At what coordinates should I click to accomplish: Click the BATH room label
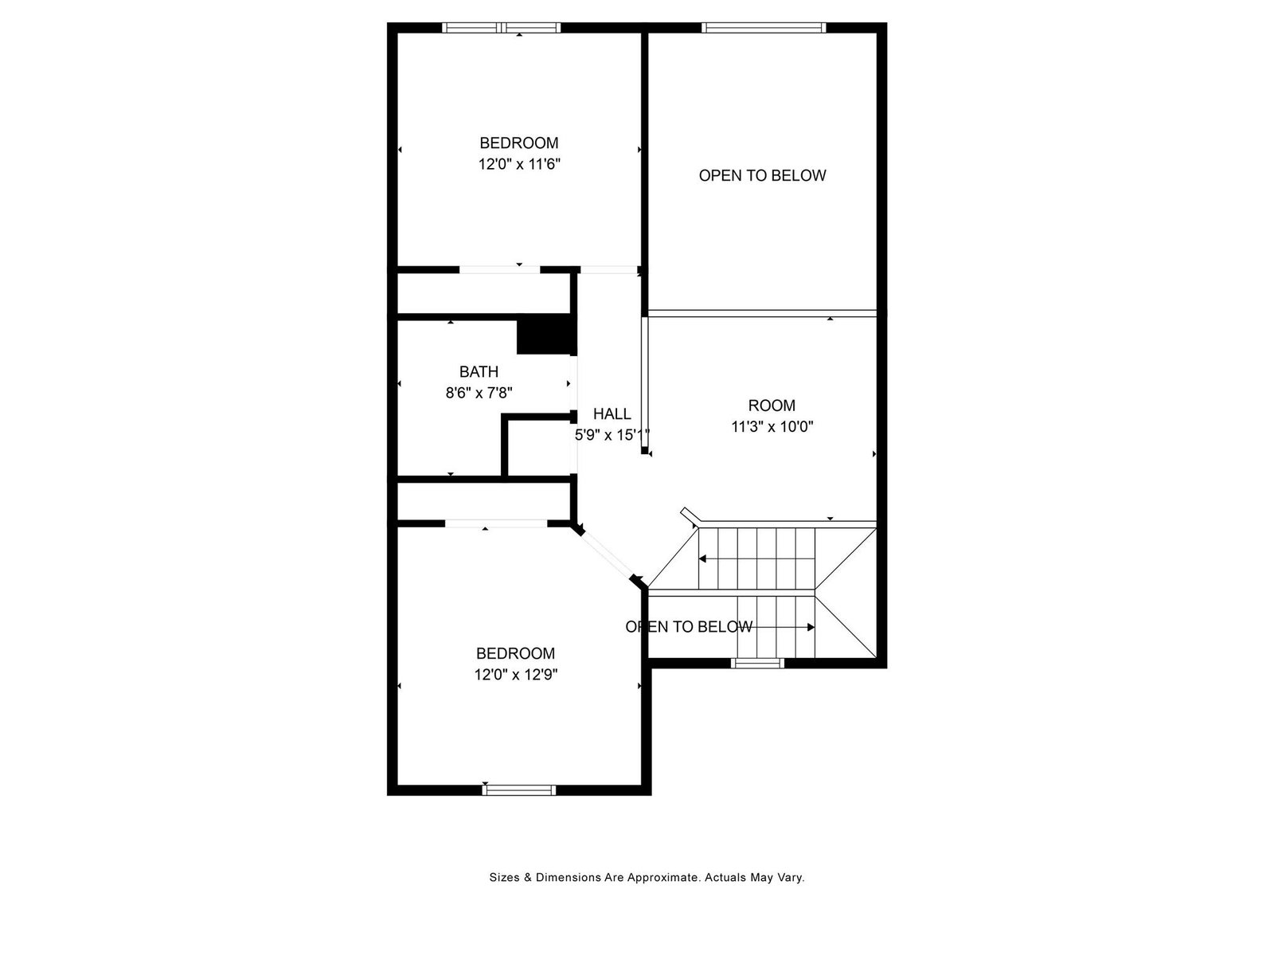[479, 371]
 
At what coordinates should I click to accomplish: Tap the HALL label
[612, 413]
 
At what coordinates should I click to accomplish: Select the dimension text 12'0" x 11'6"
[519, 164]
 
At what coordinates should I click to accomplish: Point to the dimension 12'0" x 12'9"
[516, 675]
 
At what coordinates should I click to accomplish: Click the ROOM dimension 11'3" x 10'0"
[772, 427]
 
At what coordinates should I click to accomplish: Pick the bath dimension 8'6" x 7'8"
[479, 393]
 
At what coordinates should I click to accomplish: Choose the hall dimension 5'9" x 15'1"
[612, 435]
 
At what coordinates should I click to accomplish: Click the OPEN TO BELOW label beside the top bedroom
[762, 175]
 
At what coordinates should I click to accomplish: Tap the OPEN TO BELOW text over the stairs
[689, 626]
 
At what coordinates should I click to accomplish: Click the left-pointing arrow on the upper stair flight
[756, 558]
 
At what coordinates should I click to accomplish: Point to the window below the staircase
[757, 663]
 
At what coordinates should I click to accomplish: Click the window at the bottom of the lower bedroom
[519, 790]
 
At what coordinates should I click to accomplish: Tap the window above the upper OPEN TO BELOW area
[764, 27]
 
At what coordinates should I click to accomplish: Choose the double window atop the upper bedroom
[502, 27]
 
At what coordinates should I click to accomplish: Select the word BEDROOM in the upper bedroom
[519, 143]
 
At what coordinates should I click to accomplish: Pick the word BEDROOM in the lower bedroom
[515, 653]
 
